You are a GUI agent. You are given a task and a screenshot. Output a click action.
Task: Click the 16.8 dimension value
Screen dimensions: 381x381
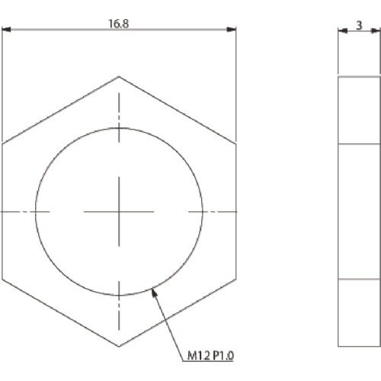(x=119, y=24)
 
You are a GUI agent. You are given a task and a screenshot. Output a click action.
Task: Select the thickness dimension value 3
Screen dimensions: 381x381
(x=359, y=25)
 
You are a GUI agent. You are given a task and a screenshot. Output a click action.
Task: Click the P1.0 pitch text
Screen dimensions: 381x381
(x=223, y=356)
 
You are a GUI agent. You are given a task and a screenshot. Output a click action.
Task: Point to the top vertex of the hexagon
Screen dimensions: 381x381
(x=119, y=76)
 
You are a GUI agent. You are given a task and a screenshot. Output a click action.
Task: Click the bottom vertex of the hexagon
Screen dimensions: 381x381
(x=119, y=347)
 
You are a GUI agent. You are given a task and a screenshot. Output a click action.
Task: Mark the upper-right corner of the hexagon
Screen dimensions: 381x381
(x=236, y=144)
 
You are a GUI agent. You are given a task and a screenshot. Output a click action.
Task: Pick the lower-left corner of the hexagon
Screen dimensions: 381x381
(x=2, y=279)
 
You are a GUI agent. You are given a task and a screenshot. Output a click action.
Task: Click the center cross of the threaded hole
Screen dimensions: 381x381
(x=119, y=212)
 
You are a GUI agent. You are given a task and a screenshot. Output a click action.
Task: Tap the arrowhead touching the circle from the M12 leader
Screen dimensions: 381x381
(x=154, y=293)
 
